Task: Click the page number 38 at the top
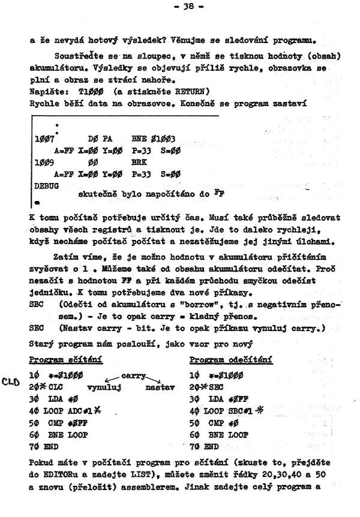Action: pos(181,9)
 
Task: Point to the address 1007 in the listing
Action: pos(43,139)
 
